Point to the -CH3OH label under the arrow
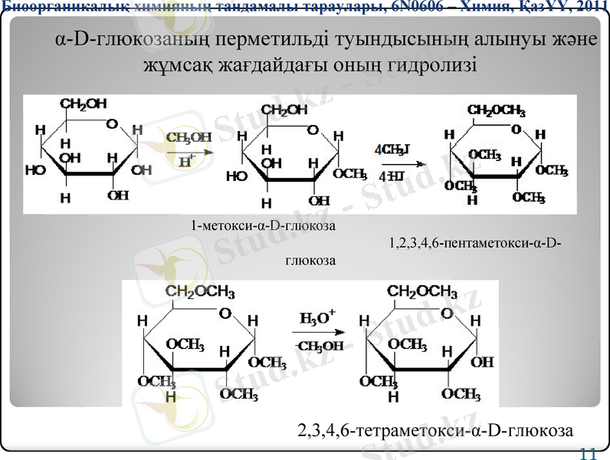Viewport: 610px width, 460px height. [x=320, y=346]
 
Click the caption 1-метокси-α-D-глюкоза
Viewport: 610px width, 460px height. [x=264, y=226]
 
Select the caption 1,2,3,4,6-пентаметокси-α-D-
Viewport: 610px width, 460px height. [x=474, y=244]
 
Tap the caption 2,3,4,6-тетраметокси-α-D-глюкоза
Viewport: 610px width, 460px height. [x=435, y=429]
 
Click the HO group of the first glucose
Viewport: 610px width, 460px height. [x=35, y=171]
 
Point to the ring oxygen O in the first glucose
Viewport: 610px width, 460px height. [x=113, y=123]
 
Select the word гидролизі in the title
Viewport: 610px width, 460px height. [x=432, y=64]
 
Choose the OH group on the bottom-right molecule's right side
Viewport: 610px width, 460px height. [x=482, y=362]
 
